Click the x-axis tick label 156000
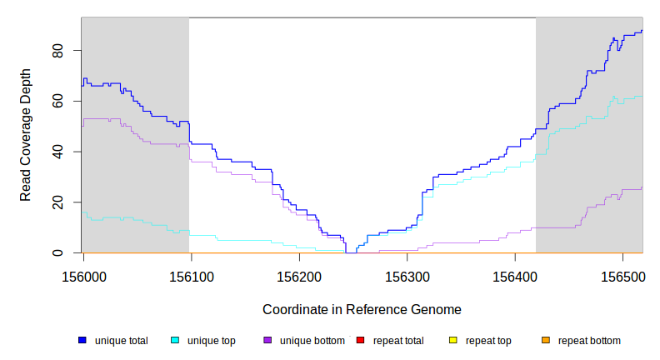[x=83, y=276]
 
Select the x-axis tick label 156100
[x=192, y=276]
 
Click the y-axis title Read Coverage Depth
[x=26, y=135]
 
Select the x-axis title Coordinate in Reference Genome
[x=362, y=309]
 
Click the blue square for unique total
[x=82, y=341]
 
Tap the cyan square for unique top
[x=175, y=341]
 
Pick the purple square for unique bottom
[x=267, y=341]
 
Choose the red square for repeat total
[x=360, y=341]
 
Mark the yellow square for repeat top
[x=453, y=341]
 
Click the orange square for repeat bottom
[x=546, y=341]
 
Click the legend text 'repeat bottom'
[x=589, y=341]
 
